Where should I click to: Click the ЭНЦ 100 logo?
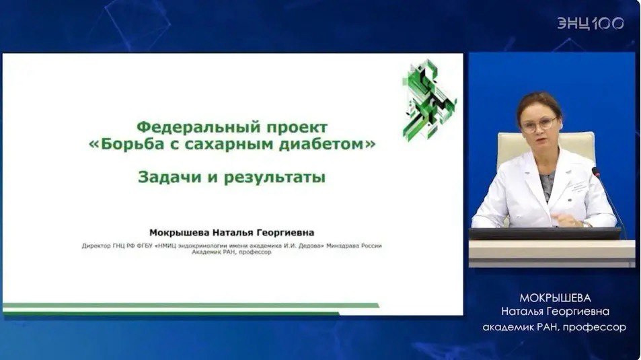[591, 24]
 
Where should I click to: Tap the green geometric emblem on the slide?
[429, 100]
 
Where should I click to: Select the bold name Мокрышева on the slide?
[179, 233]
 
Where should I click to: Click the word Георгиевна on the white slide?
[285, 233]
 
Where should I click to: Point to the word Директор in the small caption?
[96, 246]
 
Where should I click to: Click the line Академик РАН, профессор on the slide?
[232, 252]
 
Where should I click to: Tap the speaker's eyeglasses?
[539, 124]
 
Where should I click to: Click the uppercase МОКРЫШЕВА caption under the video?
[555, 298]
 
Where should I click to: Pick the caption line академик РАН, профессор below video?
[554, 327]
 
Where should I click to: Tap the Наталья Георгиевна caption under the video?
[555, 312]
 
